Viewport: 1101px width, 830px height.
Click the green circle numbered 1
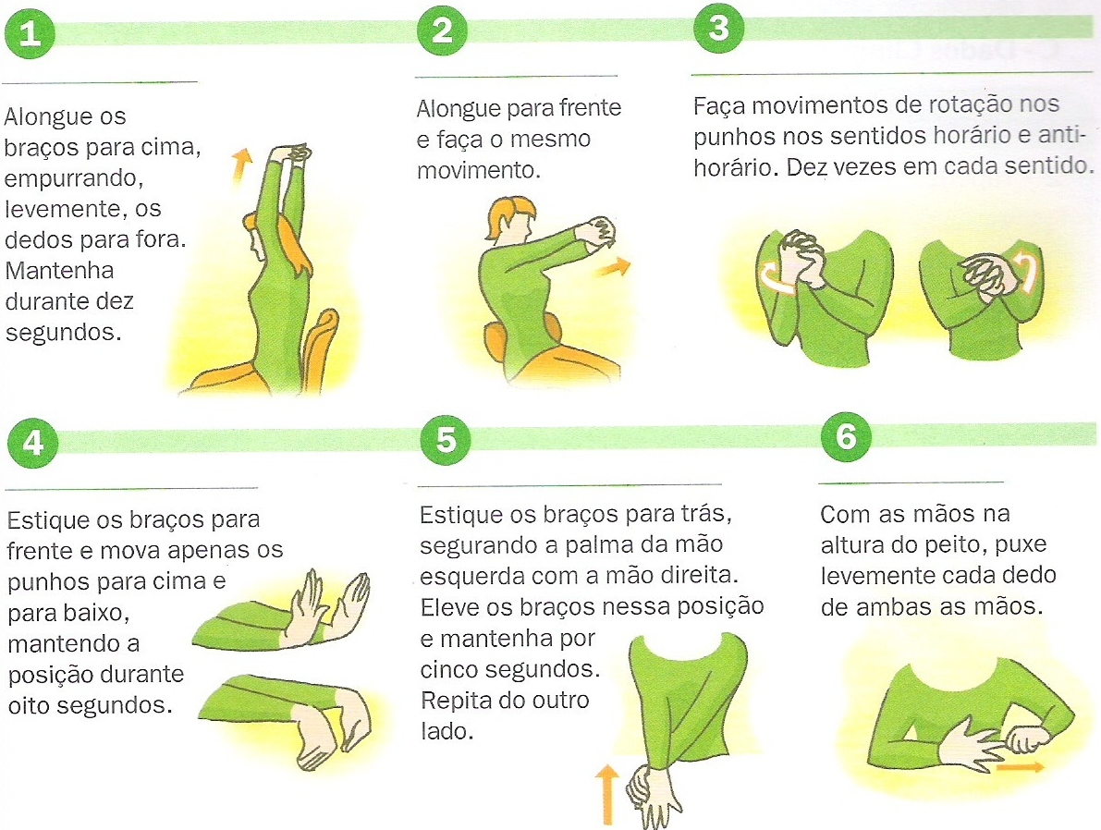[x=31, y=33]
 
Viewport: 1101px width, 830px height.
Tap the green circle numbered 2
[x=442, y=31]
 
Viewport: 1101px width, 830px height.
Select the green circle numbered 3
[x=718, y=29]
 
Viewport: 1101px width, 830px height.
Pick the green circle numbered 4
[x=32, y=443]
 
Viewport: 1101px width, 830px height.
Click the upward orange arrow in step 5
[x=606, y=792]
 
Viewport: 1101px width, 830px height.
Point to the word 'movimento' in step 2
[x=476, y=171]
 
